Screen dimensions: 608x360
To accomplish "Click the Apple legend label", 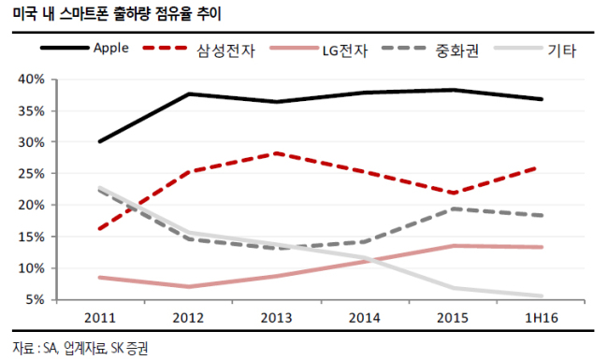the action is [111, 48].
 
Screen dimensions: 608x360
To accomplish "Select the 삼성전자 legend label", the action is [226, 50].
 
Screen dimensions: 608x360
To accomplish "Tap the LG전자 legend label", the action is [345, 50].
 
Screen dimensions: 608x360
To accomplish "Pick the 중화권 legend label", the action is [457, 50].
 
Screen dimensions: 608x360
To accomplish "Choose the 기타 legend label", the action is [562, 50].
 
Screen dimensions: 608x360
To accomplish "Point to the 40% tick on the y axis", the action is [32, 79].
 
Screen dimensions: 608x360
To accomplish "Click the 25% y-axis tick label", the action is [32, 174].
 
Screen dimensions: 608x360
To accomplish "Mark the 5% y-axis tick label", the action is [35, 299].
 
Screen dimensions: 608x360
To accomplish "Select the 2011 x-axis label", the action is [100, 318].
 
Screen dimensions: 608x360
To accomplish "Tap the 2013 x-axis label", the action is [276, 318].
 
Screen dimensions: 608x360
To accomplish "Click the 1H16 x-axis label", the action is [542, 318].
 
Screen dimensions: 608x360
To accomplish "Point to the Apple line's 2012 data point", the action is [188, 94].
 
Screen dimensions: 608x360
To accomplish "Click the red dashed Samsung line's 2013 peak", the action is [276, 153].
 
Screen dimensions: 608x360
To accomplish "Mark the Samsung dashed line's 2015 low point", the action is [453, 193].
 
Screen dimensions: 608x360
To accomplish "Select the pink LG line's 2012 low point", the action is [188, 287].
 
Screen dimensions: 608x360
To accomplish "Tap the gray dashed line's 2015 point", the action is [453, 209].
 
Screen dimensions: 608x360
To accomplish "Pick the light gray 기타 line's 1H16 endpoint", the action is [542, 296].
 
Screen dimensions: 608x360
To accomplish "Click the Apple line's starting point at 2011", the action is [100, 141].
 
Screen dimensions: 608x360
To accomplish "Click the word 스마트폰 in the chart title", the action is [83, 14].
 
